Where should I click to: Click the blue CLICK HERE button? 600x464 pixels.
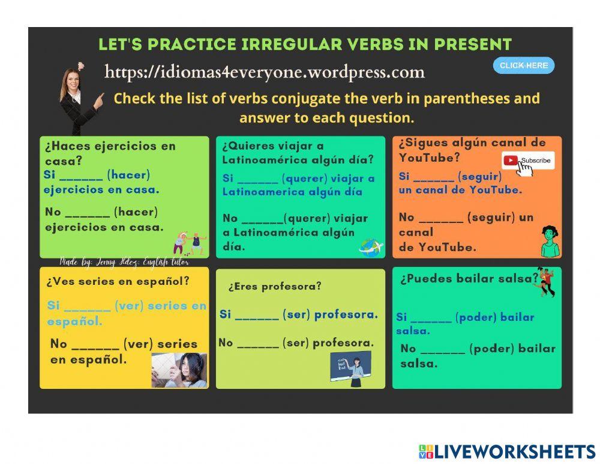tap(523, 66)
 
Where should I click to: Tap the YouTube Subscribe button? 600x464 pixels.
tap(528, 160)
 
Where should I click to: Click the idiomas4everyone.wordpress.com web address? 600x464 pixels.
tap(265, 72)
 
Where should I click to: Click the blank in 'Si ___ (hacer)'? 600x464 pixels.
tap(81, 179)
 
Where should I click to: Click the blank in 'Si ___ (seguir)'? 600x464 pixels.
tap(434, 180)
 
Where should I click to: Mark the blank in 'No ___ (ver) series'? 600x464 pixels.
tap(95, 348)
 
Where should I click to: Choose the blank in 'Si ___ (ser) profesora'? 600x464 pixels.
tap(257, 319)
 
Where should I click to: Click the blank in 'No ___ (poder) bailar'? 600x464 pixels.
tap(443, 352)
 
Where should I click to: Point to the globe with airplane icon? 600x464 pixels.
tap(371, 246)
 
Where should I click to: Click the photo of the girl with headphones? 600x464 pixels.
tap(179, 370)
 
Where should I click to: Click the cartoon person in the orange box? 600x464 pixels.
tap(550, 241)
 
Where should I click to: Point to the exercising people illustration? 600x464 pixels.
tap(190, 243)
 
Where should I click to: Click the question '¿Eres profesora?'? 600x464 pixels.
tap(275, 287)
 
